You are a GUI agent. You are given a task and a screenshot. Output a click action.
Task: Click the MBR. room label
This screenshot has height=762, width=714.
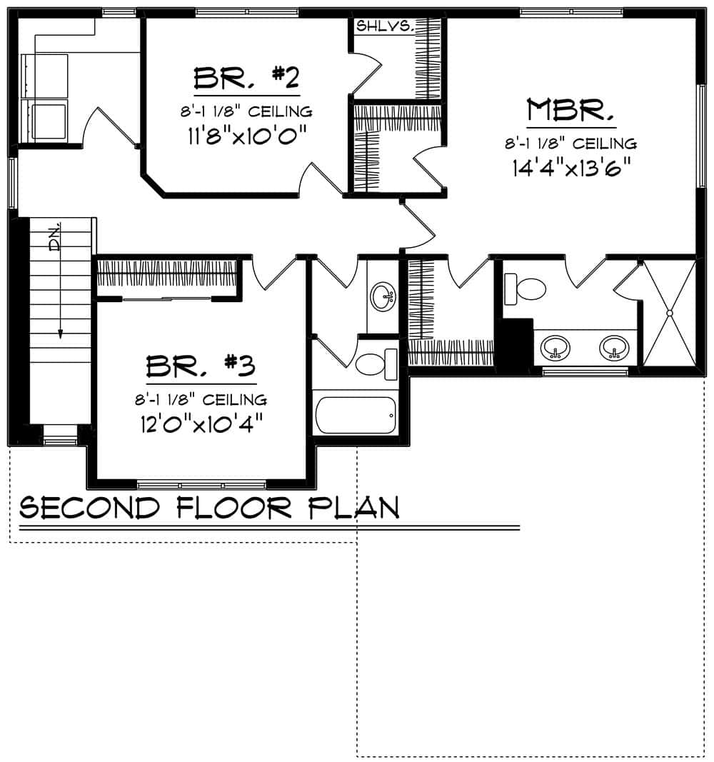click(x=570, y=111)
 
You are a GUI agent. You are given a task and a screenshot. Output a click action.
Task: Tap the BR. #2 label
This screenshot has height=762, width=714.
click(x=245, y=76)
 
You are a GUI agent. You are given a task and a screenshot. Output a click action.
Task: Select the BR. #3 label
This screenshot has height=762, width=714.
click(x=201, y=365)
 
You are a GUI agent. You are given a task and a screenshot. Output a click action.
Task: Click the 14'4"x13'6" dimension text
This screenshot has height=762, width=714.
click(x=573, y=167)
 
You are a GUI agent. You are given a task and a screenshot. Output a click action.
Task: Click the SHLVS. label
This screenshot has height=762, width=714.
click(x=385, y=26)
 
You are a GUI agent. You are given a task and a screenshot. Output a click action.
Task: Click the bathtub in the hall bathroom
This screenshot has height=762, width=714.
click(x=355, y=415)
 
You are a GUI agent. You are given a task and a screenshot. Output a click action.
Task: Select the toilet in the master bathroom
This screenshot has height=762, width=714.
click(x=526, y=289)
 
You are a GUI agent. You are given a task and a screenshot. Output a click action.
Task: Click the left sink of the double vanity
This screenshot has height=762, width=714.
click(x=555, y=349)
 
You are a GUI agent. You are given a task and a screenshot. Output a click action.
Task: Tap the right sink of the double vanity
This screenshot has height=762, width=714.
click(x=613, y=349)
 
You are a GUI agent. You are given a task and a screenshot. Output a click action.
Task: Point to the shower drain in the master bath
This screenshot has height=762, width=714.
click(x=670, y=313)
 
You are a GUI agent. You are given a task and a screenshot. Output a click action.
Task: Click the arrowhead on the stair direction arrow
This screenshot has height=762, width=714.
click(x=61, y=332)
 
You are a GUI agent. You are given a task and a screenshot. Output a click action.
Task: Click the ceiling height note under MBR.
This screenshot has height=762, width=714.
click(x=571, y=144)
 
